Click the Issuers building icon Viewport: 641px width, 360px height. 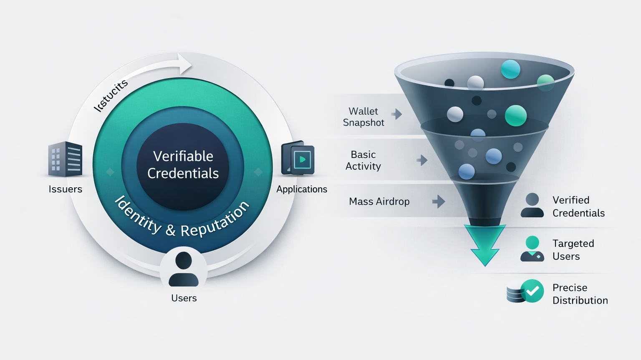click(x=65, y=159)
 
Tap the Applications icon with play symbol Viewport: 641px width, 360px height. click(x=298, y=159)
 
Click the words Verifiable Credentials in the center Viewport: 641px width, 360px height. click(x=183, y=165)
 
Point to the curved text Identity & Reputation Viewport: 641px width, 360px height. click(x=182, y=219)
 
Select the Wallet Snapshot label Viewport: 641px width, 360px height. click(x=363, y=117)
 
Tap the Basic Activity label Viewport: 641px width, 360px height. click(x=363, y=160)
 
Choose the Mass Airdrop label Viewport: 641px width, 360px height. click(x=379, y=201)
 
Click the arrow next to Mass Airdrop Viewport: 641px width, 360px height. click(x=439, y=201)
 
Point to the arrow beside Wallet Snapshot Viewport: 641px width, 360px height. click(x=397, y=113)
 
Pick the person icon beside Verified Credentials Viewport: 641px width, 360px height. click(x=532, y=205)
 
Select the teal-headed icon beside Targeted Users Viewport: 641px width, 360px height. click(x=532, y=249)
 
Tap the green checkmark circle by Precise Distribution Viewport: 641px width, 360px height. click(x=532, y=291)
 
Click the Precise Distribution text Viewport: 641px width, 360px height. click(x=580, y=294)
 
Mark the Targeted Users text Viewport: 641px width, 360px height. click(x=573, y=250)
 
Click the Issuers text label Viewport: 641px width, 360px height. click(x=66, y=189)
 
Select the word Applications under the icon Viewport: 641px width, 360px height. click(x=302, y=189)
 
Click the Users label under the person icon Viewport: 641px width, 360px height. click(x=184, y=298)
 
